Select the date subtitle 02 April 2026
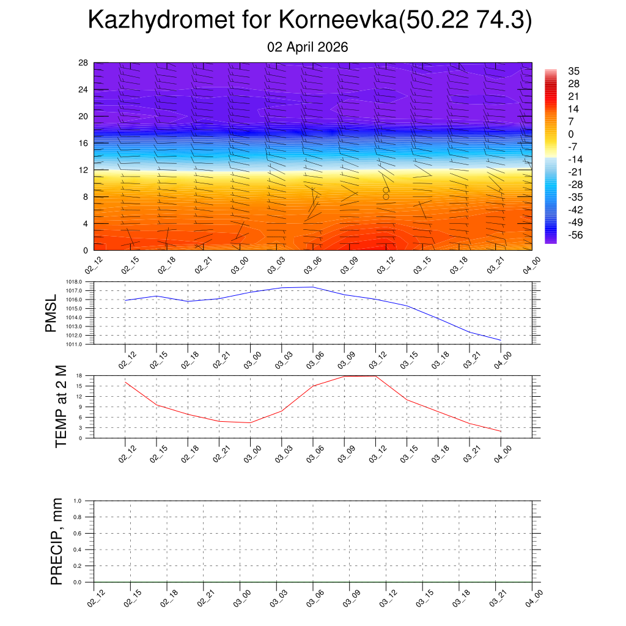307,47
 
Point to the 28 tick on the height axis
84,63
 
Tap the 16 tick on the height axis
84,143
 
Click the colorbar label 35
573,71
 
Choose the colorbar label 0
571,134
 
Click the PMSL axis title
51,313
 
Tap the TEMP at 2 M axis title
61,407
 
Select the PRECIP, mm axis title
57,542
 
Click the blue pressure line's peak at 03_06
313,287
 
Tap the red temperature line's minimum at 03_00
250,422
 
